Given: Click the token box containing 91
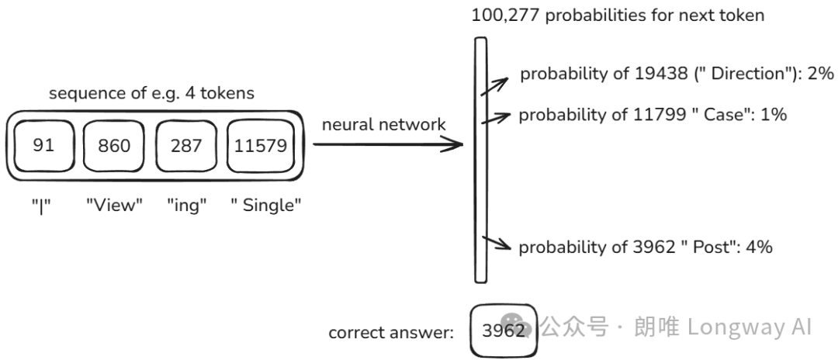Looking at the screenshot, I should (43, 145).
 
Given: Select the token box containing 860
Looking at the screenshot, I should (115, 145).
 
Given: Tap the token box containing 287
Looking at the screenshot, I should (186, 145).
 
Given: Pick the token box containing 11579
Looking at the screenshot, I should (261, 145).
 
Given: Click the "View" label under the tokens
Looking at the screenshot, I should (115, 205).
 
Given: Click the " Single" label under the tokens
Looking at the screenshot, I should (265, 205).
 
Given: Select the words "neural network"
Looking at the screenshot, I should (383, 123).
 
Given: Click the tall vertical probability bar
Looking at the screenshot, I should (480, 161).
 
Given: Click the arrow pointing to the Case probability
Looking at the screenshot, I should (496, 118).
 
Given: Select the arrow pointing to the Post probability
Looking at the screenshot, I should (496, 244).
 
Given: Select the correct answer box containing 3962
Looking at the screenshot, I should (503, 331).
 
